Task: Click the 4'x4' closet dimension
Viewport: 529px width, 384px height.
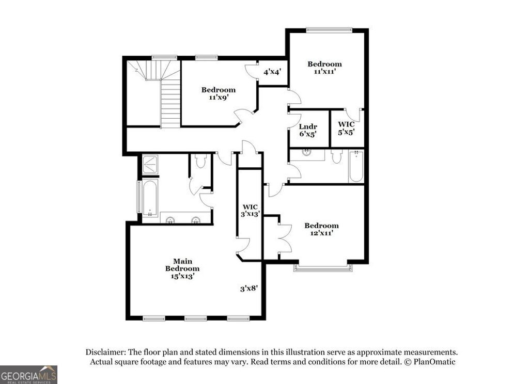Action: click(272, 72)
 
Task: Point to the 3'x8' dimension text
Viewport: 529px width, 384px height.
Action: click(248, 289)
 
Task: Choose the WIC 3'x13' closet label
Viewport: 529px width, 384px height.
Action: click(251, 210)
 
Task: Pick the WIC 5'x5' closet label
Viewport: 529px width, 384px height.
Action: click(346, 128)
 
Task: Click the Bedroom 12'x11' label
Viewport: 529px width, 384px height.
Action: click(321, 229)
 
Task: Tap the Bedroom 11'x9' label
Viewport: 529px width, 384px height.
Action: click(219, 93)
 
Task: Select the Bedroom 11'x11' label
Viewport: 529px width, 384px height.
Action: click(324, 68)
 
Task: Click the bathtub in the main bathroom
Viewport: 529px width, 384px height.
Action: click(150, 198)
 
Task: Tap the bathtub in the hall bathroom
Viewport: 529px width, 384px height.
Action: click(356, 166)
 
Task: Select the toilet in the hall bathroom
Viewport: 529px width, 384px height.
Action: click(337, 156)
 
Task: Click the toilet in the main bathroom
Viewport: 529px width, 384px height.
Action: click(201, 162)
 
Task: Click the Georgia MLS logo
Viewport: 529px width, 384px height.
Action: click(28, 374)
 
